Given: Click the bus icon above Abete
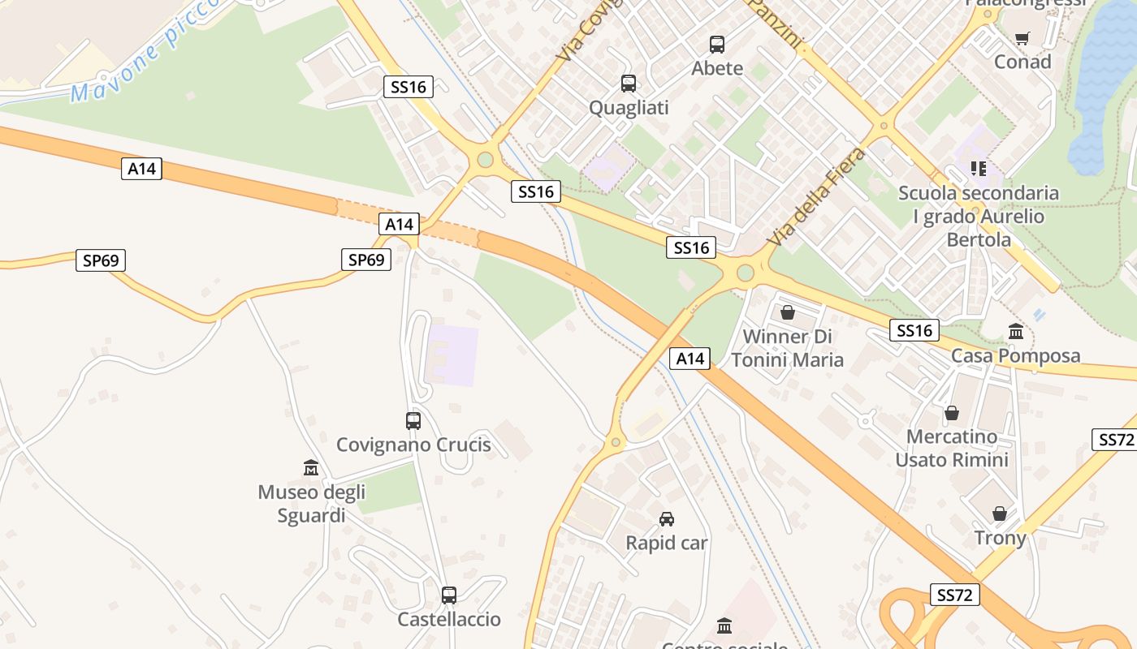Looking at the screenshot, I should pyautogui.click(x=716, y=45).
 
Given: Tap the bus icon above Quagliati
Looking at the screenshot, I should pyautogui.click(x=628, y=84).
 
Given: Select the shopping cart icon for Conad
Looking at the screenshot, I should pyautogui.click(x=1022, y=38).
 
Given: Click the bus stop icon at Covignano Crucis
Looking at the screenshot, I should pyautogui.click(x=413, y=421).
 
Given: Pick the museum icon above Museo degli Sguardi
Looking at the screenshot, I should pyautogui.click(x=310, y=468).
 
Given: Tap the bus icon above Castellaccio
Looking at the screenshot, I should pyautogui.click(x=448, y=595).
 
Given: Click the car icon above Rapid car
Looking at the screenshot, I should pyautogui.click(x=666, y=519).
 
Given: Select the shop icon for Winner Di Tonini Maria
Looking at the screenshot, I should pyautogui.click(x=787, y=312).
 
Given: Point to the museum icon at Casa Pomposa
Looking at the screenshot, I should pyautogui.click(x=1015, y=332).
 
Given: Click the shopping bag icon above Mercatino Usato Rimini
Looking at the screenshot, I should pyautogui.click(x=951, y=414).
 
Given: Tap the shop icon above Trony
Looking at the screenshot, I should pyautogui.click(x=1000, y=514).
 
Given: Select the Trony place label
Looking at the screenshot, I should pyautogui.click(x=1000, y=538).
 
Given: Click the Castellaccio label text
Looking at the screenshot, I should pyautogui.click(x=449, y=619).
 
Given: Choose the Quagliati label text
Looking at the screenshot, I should pyautogui.click(x=629, y=107).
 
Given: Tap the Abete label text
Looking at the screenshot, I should pyautogui.click(x=717, y=68).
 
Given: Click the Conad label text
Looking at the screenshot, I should pyautogui.click(x=1022, y=62).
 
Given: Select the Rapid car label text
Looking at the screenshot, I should pyautogui.click(x=666, y=543).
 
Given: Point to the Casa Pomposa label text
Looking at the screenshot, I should pyautogui.click(x=1015, y=355).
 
